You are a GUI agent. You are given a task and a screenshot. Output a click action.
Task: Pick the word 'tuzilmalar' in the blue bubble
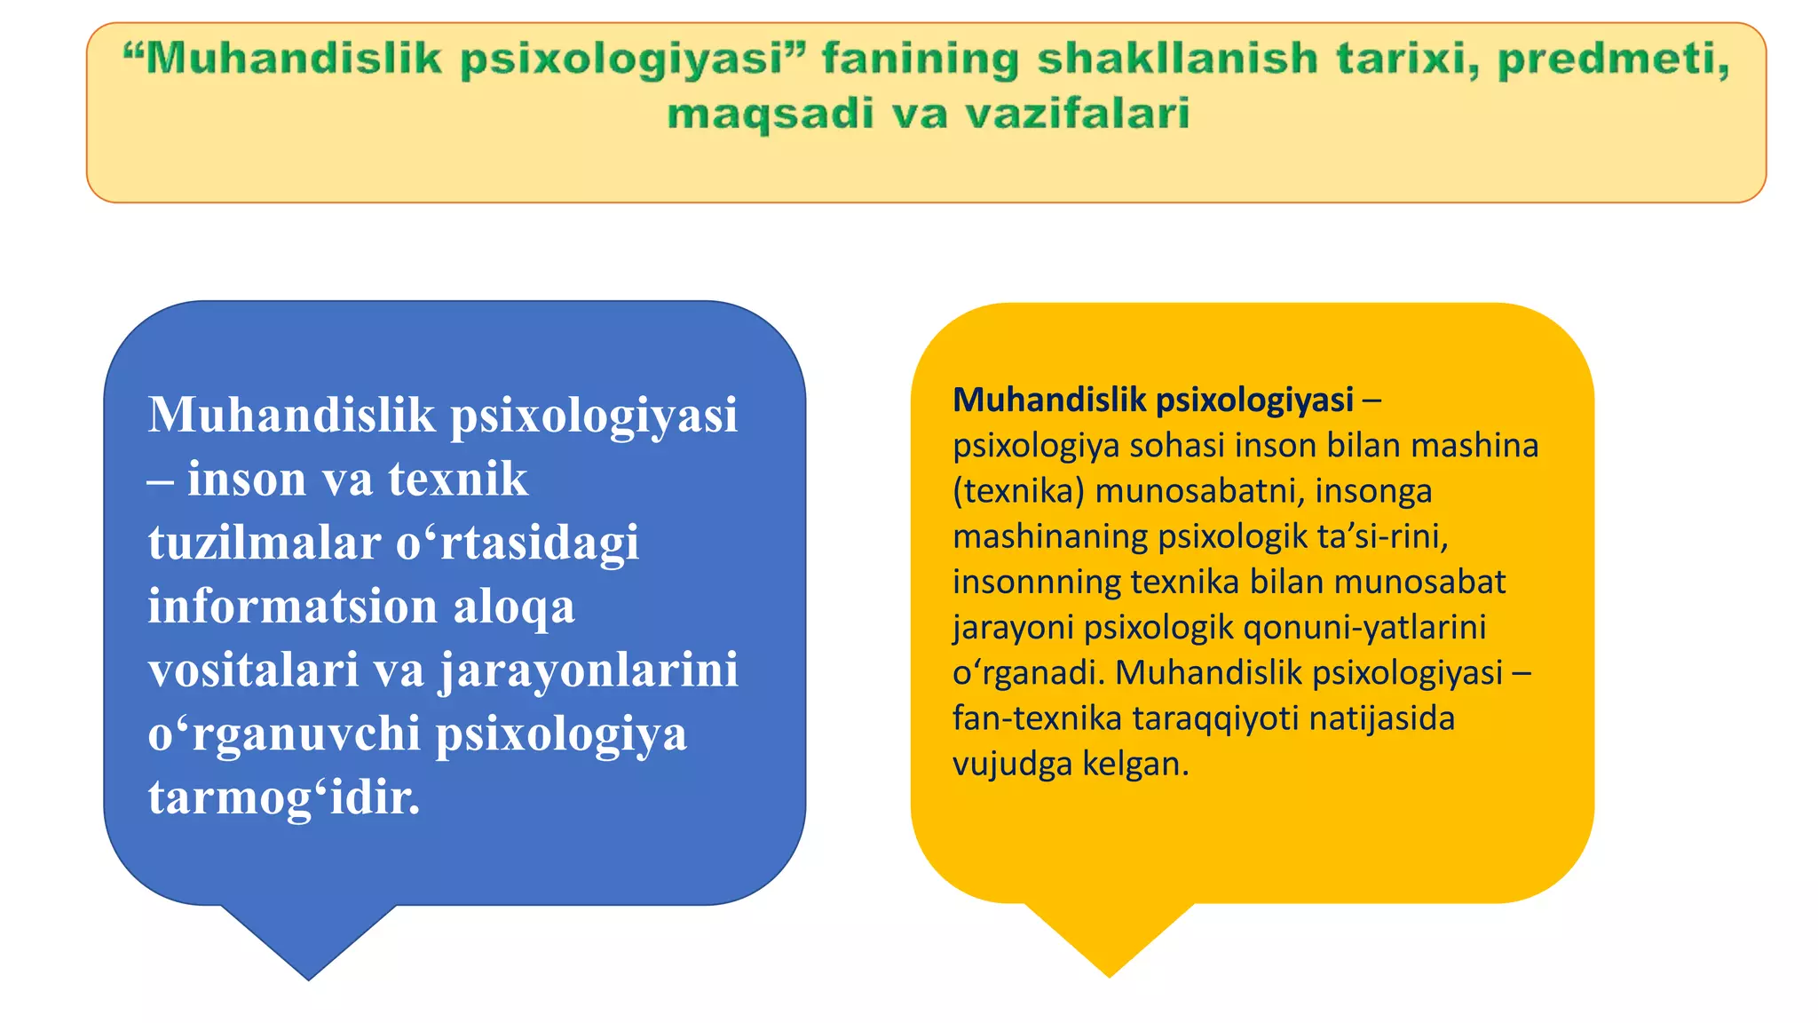pyautogui.click(x=265, y=543)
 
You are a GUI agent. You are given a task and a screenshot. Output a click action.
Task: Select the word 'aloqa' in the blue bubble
pyautogui.click(x=514, y=607)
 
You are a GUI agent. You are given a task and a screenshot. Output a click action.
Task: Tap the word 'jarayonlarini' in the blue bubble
pyautogui.click(x=589, y=670)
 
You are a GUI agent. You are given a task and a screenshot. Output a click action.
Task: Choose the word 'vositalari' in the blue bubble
pyautogui.click(x=254, y=670)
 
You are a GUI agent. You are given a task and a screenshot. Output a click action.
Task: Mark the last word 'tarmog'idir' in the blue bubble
pyautogui.click(x=284, y=797)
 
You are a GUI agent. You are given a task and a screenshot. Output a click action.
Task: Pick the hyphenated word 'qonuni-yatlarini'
pyautogui.click(x=1364, y=627)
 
